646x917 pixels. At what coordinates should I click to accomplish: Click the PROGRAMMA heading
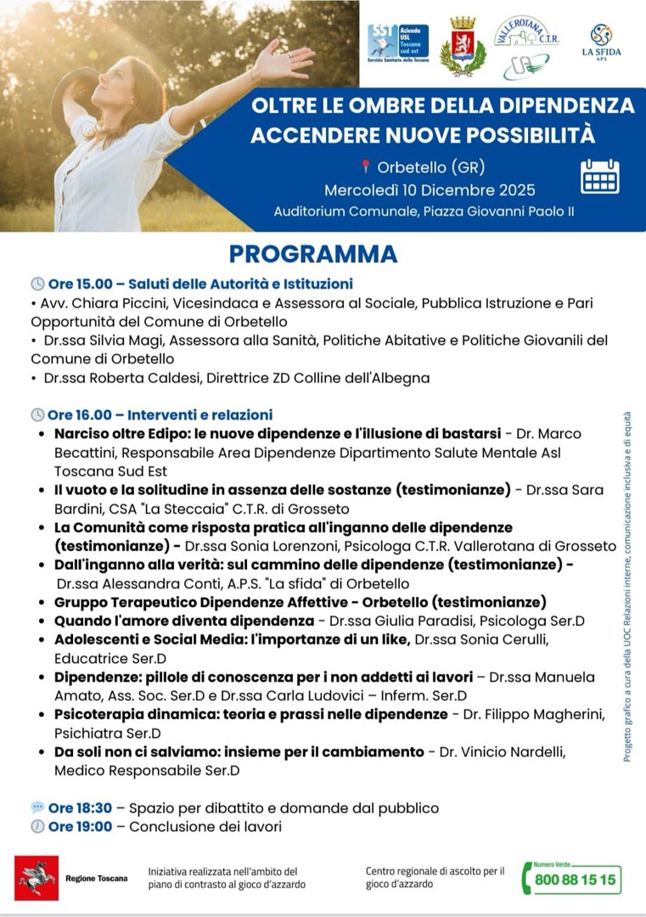313,254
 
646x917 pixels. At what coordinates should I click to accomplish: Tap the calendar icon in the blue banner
599,177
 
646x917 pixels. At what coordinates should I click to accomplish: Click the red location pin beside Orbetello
366,166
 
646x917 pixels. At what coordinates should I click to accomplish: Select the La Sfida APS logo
601,41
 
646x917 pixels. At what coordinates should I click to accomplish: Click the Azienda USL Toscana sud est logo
398,42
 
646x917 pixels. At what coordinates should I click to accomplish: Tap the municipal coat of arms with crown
463,46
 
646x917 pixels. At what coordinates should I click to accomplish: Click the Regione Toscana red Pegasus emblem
37,877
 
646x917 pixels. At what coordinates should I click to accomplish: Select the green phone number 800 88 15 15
575,879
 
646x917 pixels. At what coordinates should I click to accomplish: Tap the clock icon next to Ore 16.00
37,415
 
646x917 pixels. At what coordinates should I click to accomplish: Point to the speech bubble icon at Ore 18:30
37,807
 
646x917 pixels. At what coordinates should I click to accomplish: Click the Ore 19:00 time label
80,826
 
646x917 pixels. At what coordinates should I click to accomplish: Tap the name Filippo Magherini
560,714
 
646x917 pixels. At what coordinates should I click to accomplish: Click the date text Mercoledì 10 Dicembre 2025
430,189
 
